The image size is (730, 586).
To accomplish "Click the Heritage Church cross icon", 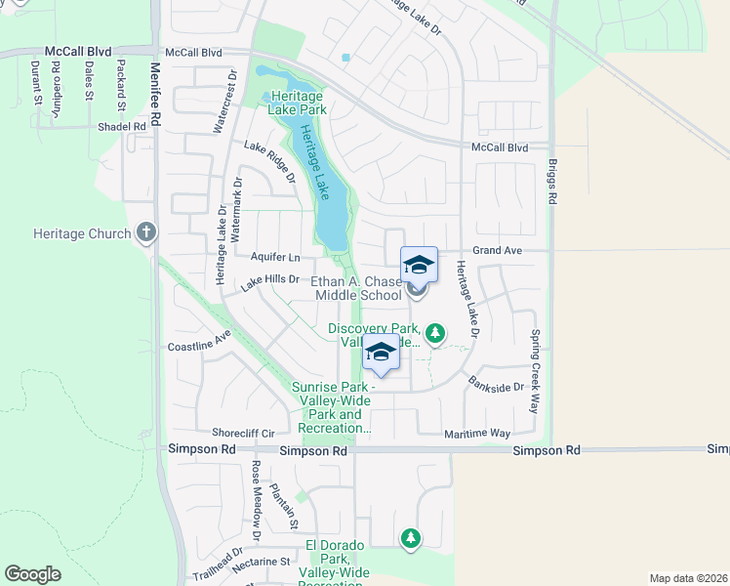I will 146,232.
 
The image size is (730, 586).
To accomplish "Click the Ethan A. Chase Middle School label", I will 356,288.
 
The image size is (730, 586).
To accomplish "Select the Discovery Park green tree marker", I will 435,335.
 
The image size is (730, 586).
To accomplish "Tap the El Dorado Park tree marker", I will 411,537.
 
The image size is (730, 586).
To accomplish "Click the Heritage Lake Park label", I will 299,104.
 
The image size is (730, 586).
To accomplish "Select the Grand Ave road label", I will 499,251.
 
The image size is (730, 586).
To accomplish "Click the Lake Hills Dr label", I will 269,282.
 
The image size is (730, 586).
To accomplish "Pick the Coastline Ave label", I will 198,341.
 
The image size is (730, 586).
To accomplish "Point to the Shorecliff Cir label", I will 244,432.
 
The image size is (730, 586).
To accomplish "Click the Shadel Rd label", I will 121,127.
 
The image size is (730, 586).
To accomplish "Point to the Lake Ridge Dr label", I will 269,162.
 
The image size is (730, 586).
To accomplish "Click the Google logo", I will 32,574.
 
